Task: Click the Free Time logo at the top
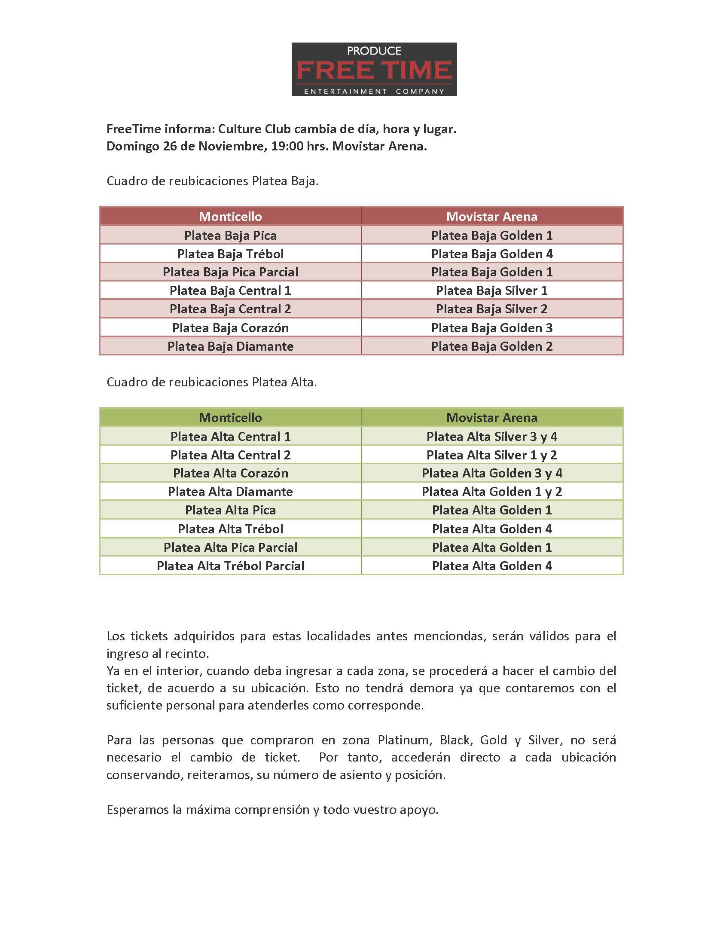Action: click(374, 69)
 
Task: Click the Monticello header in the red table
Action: click(230, 216)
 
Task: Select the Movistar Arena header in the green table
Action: click(491, 417)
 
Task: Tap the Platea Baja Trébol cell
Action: click(230, 254)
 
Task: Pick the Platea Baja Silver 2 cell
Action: click(491, 309)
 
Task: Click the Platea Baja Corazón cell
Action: click(230, 328)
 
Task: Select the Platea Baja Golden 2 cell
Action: click(491, 346)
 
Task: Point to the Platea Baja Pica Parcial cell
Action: click(230, 272)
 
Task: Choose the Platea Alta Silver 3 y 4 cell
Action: click(491, 437)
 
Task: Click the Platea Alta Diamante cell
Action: click(230, 492)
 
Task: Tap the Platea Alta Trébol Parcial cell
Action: click(230, 566)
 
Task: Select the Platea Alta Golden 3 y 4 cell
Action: click(491, 473)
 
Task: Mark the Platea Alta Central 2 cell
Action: click(230, 455)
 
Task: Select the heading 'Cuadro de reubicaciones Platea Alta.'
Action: click(212, 382)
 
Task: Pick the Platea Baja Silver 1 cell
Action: click(491, 291)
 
